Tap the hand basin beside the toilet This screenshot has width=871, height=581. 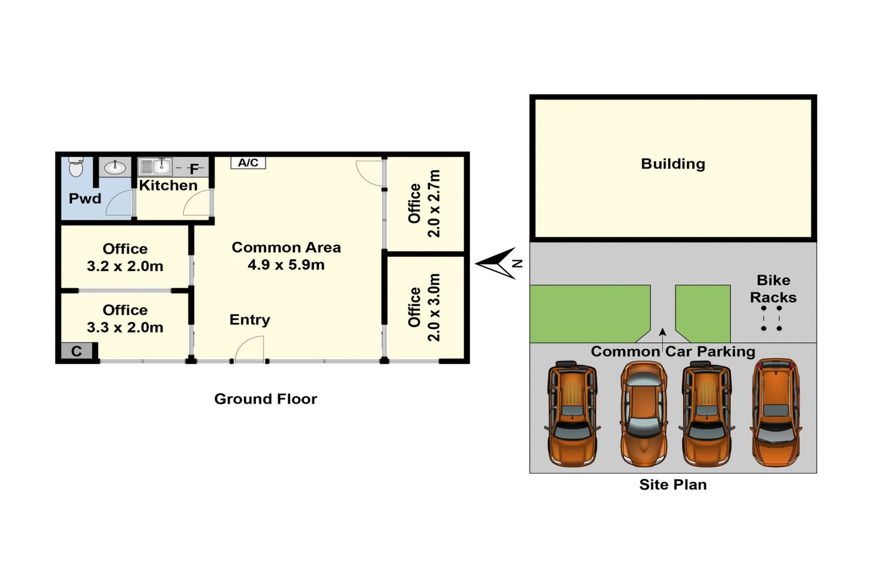[x=115, y=167]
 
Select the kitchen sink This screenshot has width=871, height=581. [x=155, y=167]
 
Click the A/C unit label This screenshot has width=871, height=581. [x=248, y=162]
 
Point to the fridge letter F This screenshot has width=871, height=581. [x=194, y=169]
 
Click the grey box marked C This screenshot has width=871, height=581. [x=77, y=351]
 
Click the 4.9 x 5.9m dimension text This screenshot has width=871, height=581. [x=286, y=265]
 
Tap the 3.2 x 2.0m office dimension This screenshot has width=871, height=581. [x=125, y=266]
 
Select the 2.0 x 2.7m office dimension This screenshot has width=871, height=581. [x=434, y=203]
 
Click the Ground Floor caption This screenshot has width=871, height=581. [x=265, y=399]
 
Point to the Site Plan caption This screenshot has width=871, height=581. [x=673, y=485]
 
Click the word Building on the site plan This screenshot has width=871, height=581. [x=673, y=164]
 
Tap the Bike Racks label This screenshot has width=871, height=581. [x=773, y=289]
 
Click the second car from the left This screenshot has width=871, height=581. [x=643, y=414]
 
